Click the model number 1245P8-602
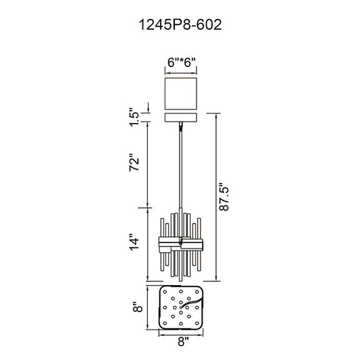coord(180,25)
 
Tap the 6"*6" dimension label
coord(182,62)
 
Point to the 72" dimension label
coord(134,162)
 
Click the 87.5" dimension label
coord(224,197)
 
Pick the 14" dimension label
coord(134,242)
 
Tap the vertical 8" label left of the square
coord(138,307)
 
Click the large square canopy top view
coord(181,94)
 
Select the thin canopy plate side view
coord(181,118)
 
